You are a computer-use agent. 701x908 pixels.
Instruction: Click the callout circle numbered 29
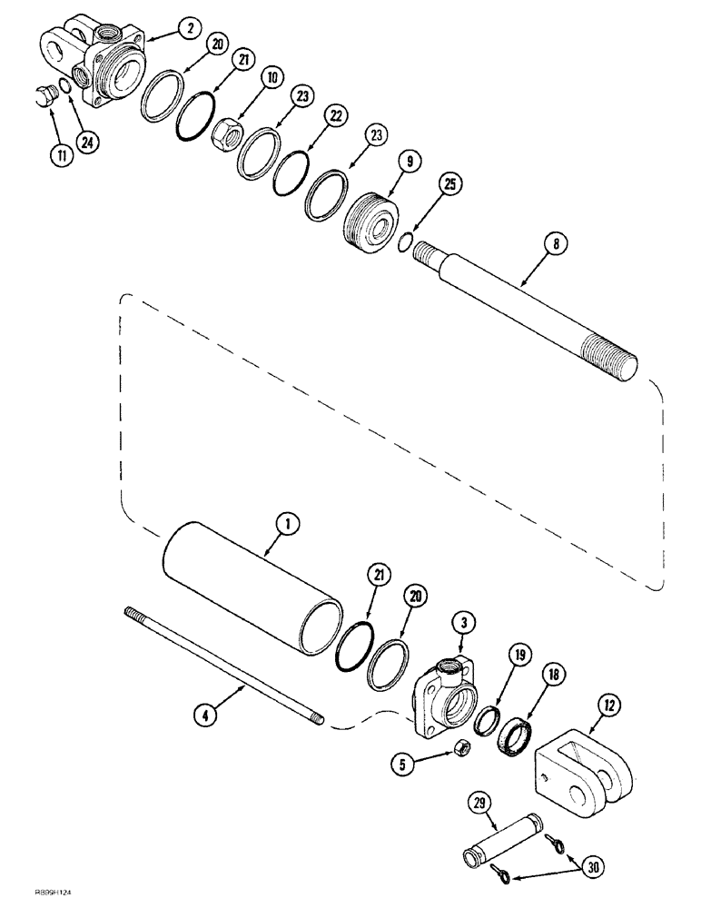[x=479, y=804]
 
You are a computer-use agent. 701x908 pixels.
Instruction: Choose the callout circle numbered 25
[x=451, y=184]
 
